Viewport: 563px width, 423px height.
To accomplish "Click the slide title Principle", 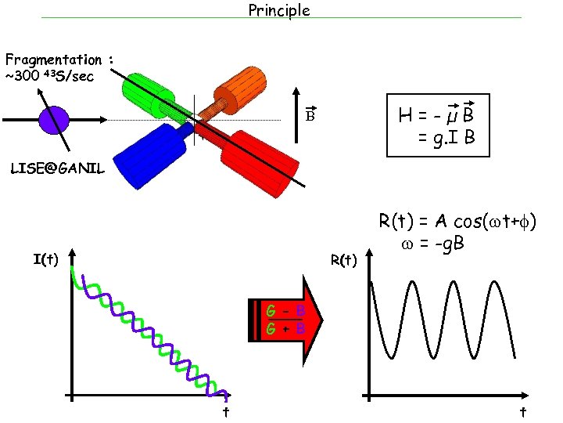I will coord(279,10).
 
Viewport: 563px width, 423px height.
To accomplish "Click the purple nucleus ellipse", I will coord(55,120).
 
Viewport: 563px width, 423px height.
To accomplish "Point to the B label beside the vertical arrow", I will coord(310,116).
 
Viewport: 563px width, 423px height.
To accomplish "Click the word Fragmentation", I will coord(53,60).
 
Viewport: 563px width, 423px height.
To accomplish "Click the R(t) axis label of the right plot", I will coord(343,258).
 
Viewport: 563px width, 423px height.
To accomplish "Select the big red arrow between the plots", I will coord(285,320).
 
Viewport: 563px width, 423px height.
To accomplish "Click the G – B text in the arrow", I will coord(285,313).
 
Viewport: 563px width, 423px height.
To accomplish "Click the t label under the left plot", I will coord(225,411).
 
